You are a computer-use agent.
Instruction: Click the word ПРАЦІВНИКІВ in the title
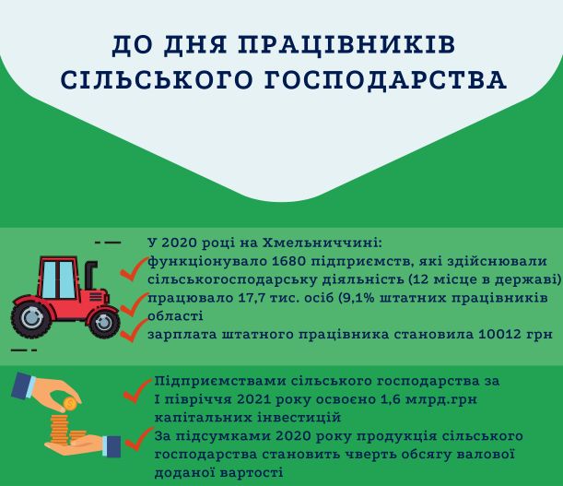[x=346, y=45]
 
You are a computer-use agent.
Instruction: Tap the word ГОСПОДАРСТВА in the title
[x=385, y=79]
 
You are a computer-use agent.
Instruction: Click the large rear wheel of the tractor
[x=31, y=318]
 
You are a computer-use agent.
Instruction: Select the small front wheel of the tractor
[x=104, y=322]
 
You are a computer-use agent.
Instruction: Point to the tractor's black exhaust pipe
[x=90, y=275]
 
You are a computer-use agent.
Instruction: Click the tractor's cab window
[x=59, y=279]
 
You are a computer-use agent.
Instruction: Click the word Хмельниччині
[x=323, y=243]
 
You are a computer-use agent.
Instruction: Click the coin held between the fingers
[x=69, y=404]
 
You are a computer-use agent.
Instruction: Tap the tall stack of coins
[x=60, y=429]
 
